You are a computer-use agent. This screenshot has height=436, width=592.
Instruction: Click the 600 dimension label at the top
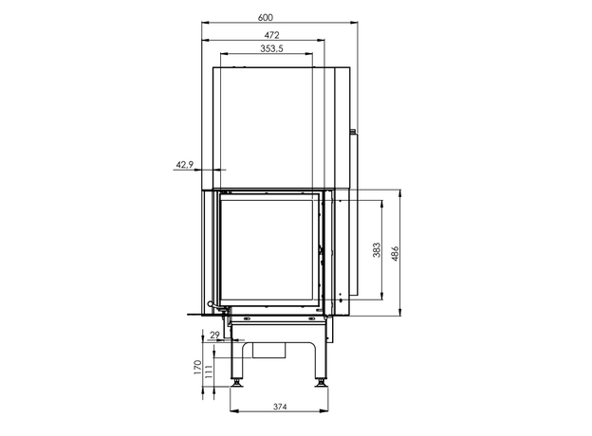click(x=266, y=17)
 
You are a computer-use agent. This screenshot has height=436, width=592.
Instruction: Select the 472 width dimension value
click(x=272, y=35)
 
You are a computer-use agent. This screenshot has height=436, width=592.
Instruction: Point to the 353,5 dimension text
click(x=272, y=48)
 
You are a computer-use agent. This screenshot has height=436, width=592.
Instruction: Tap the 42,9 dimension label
click(x=185, y=164)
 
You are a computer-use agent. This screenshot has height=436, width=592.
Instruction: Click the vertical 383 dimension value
click(x=377, y=250)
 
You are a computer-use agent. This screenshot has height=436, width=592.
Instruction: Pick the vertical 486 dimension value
click(x=395, y=254)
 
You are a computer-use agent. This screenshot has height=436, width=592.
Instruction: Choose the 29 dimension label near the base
click(x=214, y=335)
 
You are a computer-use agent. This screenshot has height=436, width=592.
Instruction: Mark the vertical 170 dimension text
click(x=198, y=367)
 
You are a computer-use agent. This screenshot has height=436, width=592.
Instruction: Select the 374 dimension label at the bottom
click(x=280, y=407)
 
